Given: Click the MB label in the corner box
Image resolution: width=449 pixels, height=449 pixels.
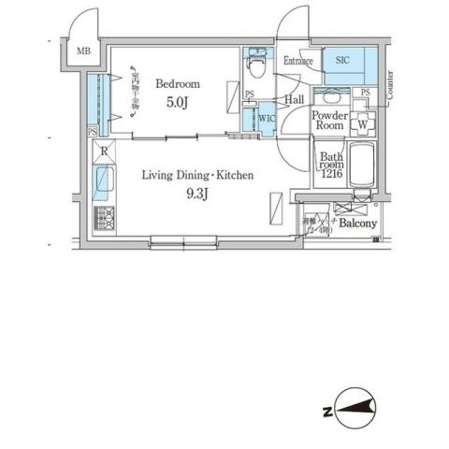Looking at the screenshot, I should pos(83,52).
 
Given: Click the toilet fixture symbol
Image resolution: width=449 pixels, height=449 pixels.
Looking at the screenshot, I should pos(254,65).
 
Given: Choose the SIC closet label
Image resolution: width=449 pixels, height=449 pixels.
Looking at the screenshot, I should pos(342,60).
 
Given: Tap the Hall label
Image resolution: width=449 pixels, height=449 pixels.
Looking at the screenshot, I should pos(294,99).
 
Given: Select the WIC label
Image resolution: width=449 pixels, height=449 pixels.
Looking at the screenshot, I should pos(266,118).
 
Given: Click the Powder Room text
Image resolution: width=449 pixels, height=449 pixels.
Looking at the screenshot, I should pos(331,120).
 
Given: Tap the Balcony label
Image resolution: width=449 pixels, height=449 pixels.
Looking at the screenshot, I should pos(357,224).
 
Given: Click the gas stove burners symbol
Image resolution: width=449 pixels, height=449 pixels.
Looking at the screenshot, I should pos(104,219).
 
